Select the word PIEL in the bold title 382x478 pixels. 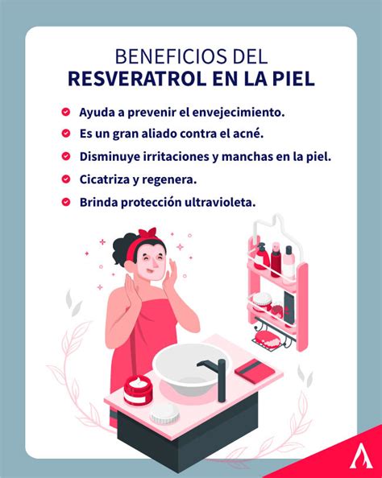coord(293,78)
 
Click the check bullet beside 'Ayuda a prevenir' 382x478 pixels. coord(65,112)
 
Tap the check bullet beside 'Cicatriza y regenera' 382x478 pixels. coord(65,179)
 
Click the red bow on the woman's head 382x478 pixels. coord(147,234)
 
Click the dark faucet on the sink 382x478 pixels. coord(216,377)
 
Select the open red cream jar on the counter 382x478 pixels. coord(138,390)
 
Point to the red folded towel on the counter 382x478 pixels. coord(255,370)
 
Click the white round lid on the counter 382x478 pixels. coord(165,414)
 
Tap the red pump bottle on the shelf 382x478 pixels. coord(261,257)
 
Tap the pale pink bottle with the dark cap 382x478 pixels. coord(289,262)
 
